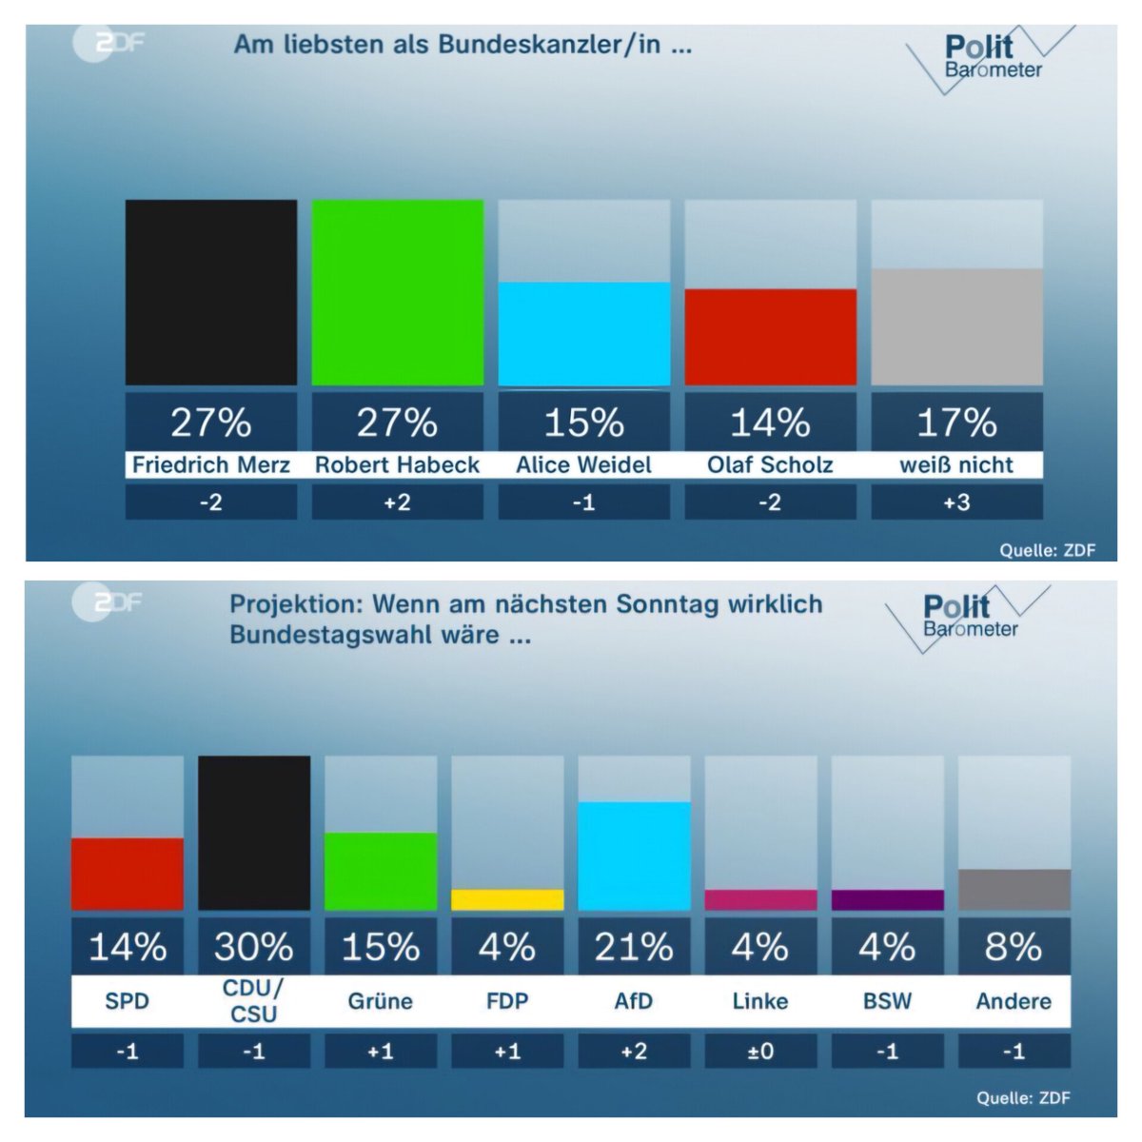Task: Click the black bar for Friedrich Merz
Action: (x=210, y=292)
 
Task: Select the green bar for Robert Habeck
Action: (x=397, y=292)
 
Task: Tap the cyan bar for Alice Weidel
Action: (x=583, y=334)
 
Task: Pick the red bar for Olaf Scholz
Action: (x=770, y=337)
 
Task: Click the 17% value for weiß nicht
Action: (x=956, y=423)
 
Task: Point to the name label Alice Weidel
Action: (x=583, y=465)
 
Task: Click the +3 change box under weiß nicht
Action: (x=956, y=502)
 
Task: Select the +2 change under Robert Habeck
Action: (x=397, y=502)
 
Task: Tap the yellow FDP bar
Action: (x=507, y=899)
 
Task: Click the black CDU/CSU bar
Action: (x=254, y=833)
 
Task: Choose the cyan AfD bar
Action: (x=634, y=856)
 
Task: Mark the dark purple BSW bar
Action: (x=887, y=899)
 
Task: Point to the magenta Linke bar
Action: (x=760, y=899)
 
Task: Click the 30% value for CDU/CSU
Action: (x=254, y=947)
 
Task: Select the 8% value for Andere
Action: (x=1014, y=947)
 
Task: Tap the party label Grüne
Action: (x=381, y=1001)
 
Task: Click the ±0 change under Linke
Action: (x=760, y=1052)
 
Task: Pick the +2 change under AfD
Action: (x=634, y=1052)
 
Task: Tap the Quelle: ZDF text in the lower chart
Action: (x=1023, y=1098)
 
